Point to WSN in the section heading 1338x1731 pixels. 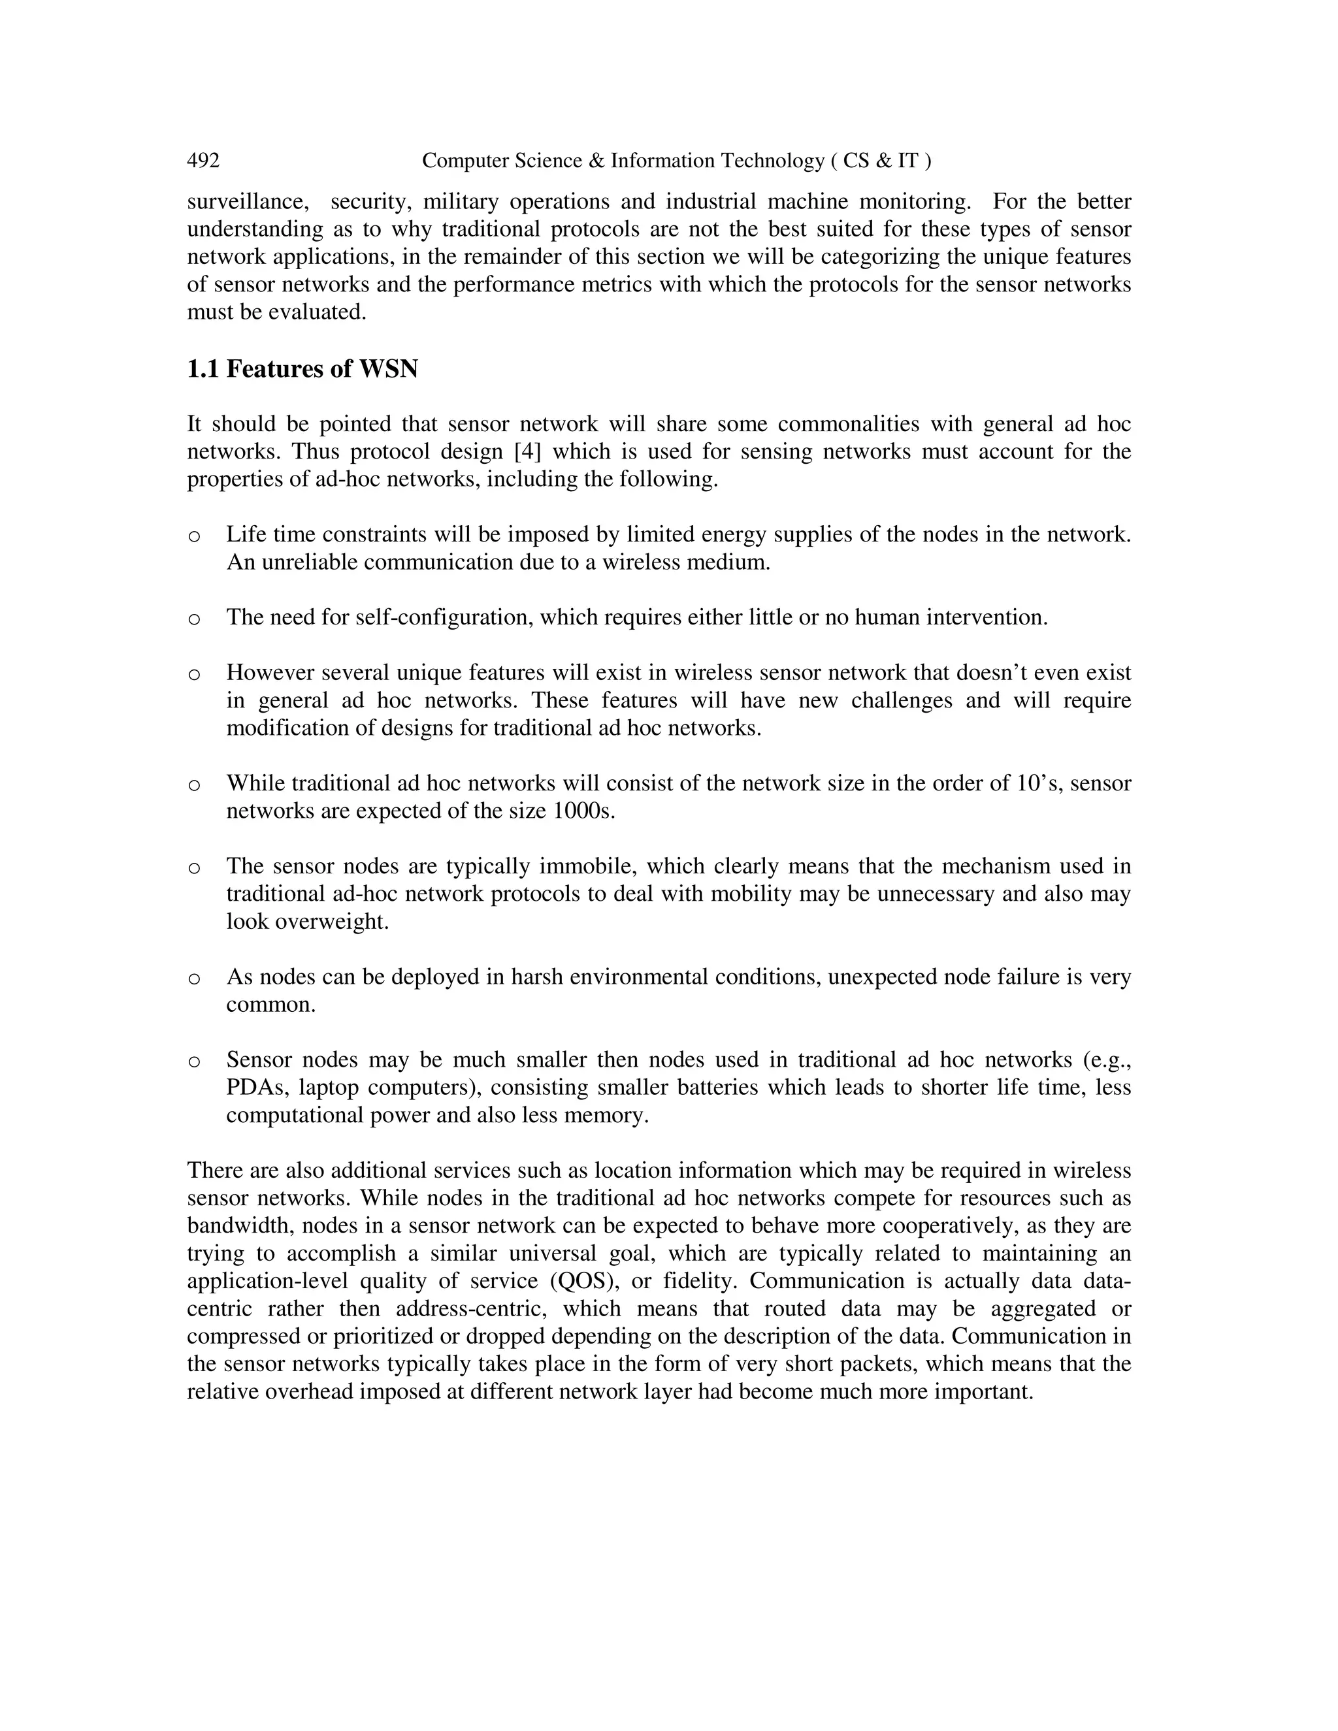click(x=389, y=369)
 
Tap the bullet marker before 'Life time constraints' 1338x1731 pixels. click(x=194, y=536)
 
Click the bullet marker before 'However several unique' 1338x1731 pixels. click(x=194, y=675)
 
